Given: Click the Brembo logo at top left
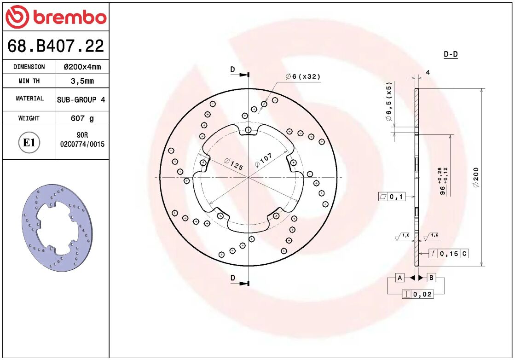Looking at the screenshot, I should click(56, 17).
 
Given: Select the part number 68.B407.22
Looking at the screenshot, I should click(56, 46).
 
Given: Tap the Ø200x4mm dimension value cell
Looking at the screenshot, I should click(82, 67).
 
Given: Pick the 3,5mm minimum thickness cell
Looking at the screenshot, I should click(82, 81).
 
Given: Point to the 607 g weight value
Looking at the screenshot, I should click(82, 118).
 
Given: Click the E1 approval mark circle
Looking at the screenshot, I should click(29, 143).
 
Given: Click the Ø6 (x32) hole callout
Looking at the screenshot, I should click(302, 76).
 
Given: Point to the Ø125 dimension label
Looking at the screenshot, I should click(233, 164).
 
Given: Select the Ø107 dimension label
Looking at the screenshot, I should click(264, 160).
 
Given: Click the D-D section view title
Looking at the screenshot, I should click(451, 54).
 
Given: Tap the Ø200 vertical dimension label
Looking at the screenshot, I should click(476, 177).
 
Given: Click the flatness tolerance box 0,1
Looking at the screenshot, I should click(392, 197).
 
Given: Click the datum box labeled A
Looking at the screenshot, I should click(400, 278).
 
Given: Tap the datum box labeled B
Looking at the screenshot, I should click(431, 278).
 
